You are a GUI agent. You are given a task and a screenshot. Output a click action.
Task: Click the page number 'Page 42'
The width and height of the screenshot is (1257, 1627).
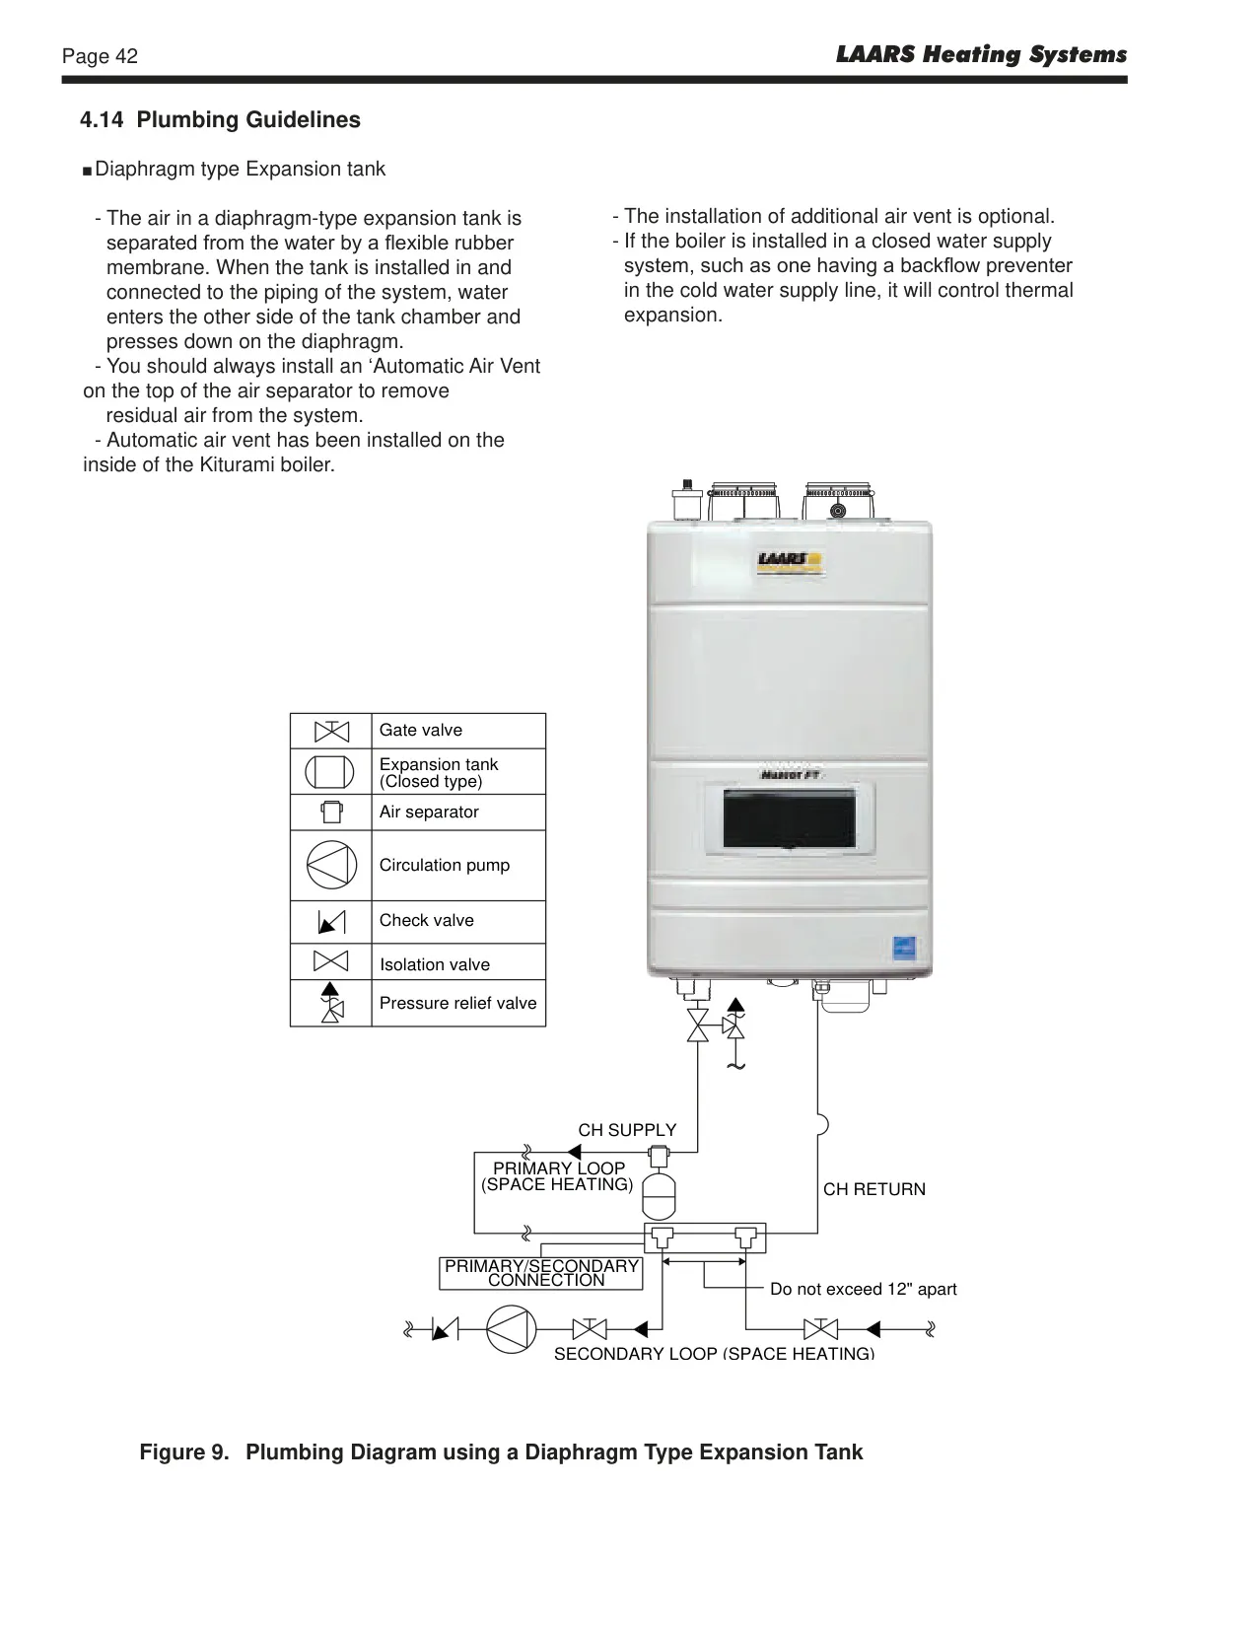[x=100, y=56]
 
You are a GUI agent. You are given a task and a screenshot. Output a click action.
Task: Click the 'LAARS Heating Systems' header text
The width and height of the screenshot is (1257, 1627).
[x=981, y=54]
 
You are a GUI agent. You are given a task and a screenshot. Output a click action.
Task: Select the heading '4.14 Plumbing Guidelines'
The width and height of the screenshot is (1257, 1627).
[x=220, y=119]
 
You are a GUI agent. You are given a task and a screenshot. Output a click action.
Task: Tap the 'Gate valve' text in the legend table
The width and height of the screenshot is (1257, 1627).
[x=421, y=730]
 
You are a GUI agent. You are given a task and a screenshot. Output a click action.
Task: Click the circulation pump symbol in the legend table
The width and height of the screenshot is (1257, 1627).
[x=331, y=865]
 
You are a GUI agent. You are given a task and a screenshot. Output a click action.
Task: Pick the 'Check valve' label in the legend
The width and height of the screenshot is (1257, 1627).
[x=427, y=920]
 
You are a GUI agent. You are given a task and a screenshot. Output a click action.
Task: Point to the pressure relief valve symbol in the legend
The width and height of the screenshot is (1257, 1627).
[x=331, y=1003]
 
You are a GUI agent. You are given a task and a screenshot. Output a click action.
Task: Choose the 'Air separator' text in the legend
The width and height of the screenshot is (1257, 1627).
[x=429, y=812]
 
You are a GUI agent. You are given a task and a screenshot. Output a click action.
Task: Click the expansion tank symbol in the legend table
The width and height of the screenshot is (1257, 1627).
[x=329, y=772]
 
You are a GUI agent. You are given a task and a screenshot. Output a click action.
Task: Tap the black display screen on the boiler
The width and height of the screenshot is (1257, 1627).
[x=789, y=818]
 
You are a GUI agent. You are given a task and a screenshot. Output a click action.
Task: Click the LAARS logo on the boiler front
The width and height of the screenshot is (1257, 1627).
[x=790, y=562]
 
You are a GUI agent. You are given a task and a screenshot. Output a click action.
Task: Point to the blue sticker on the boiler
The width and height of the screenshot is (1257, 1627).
[x=905, y=949]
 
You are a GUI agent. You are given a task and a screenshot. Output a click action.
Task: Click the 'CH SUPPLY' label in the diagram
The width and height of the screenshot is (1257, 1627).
[x=627, y=1130]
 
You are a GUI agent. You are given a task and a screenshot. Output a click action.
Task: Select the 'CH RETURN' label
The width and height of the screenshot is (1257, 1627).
[x=874, y=1189]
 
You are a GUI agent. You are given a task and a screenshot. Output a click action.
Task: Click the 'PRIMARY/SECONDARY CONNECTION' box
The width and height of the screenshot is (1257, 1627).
[x=541, y=1273]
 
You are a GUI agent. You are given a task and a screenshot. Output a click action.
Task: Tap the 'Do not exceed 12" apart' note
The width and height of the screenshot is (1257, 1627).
[x=864, y=1289]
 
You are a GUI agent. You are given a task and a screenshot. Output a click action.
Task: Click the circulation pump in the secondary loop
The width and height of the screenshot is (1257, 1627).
[x=512, y=1329]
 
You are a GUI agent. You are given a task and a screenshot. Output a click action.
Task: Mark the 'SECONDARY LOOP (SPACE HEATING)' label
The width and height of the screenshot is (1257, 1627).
[x=714, y=1353]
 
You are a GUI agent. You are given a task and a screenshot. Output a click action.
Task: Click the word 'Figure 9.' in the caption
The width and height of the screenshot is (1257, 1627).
[x=184, y=1452]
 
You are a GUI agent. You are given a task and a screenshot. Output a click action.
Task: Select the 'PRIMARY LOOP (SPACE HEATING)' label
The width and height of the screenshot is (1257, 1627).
[x=558, y=1176]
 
